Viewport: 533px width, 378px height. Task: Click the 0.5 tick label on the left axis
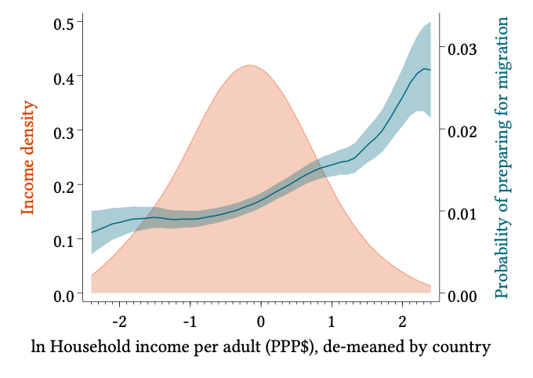pos(63,24)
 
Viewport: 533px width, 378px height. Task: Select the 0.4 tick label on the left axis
pos(63,78)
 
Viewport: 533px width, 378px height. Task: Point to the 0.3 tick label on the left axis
pos(63,132)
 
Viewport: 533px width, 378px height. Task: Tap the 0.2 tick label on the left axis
pos(63,186)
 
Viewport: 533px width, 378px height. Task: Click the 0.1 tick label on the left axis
pos(63,240)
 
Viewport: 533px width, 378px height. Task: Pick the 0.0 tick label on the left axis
pos(63,295)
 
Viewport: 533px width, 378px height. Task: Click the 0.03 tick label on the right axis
pos(462,49)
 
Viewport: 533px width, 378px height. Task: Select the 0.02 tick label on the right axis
pos(462,131)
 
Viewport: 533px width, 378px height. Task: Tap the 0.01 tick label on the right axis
pos(462,213)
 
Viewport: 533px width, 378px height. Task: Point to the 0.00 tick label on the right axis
pos(462,295)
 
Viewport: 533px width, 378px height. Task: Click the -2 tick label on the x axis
pos(119,322)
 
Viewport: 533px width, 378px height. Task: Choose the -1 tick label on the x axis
pos(190,322)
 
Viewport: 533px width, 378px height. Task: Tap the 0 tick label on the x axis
pos(261,322)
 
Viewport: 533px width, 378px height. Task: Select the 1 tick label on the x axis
pos(332,322)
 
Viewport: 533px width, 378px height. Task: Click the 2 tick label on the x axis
pos(402,322)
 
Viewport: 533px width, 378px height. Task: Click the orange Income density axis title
pos(28,158)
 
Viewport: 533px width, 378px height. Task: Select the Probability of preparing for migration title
pos(502,158)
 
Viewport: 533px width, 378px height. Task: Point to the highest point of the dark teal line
pos(424,69)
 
